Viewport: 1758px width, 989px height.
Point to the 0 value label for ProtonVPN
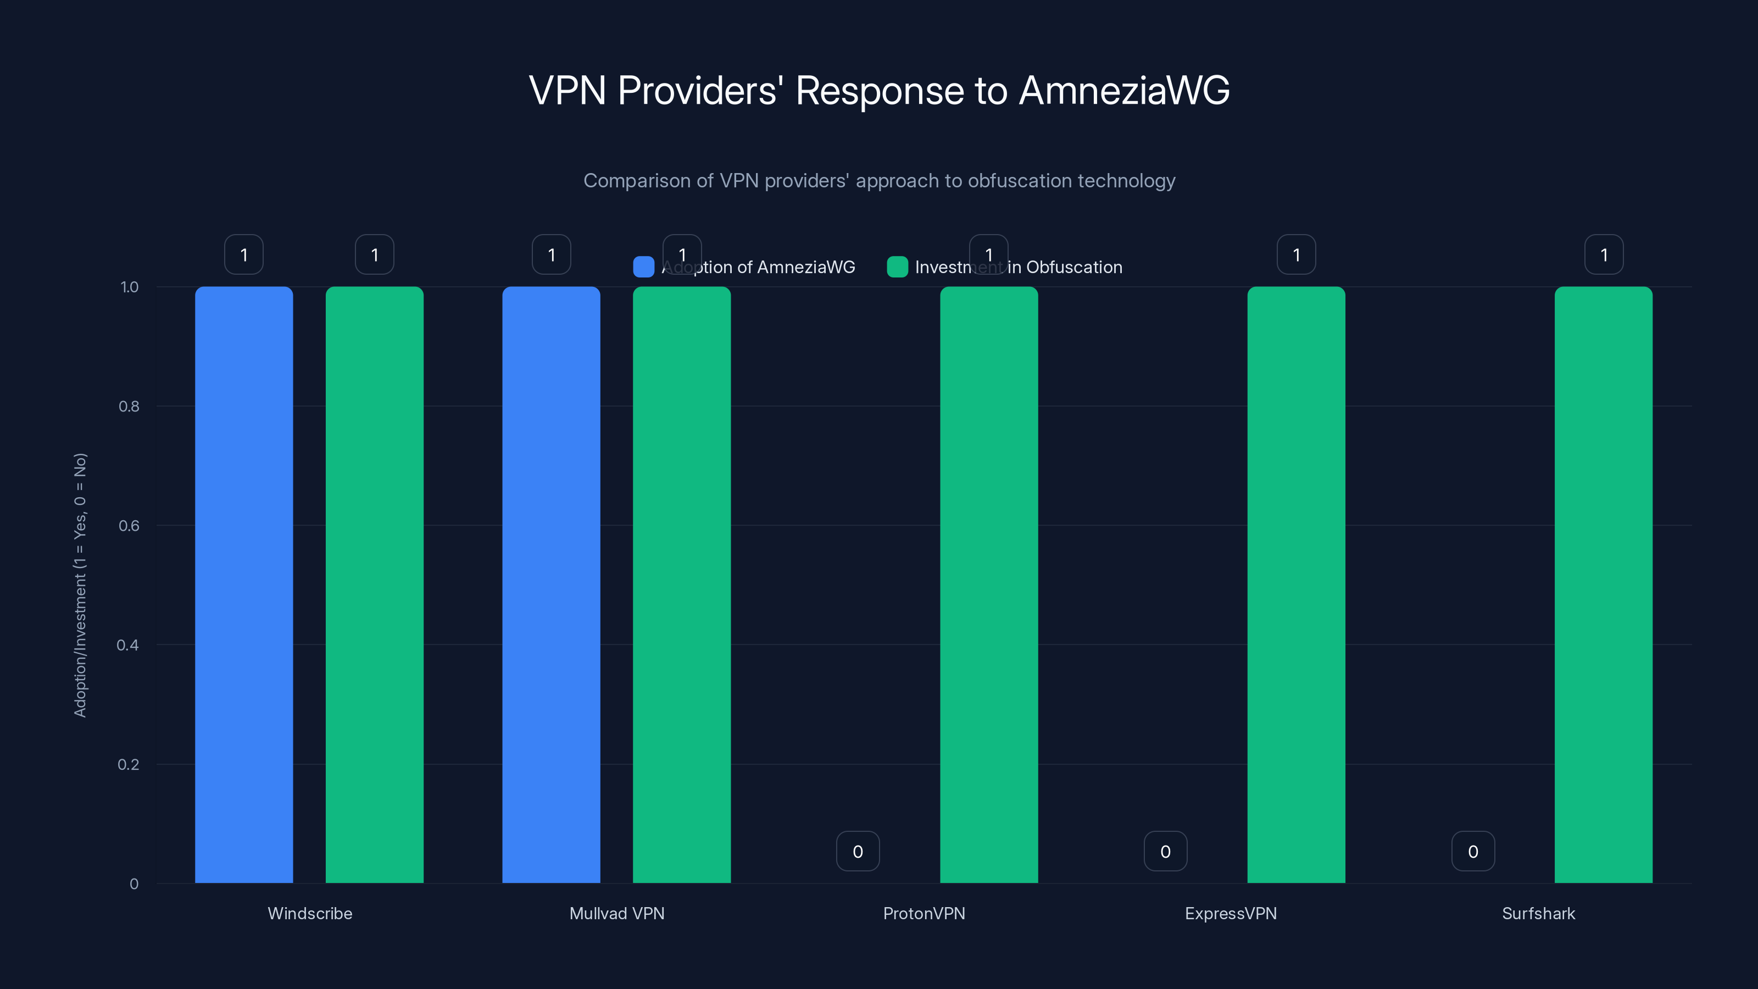click(x=858, y=851)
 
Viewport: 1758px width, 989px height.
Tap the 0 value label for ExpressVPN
click(x=1165, y=851)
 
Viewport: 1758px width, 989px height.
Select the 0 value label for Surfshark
click(x=1473, y=851)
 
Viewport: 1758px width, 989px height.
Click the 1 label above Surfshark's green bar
click(x=1604, y=254)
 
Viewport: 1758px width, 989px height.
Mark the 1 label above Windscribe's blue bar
click(x=243, y=254)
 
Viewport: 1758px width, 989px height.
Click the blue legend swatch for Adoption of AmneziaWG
click(x=643, y=267)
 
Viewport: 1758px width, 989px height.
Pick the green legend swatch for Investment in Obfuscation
click(x=897, y=267)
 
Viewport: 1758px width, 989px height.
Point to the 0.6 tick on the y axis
click(x=129, y=526)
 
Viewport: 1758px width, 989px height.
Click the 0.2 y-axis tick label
click(x=129, y=764)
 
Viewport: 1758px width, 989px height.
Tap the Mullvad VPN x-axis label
click(x=616, y=913)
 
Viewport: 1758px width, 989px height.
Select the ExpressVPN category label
click(x=1231, y=913)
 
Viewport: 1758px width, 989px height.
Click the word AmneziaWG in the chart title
click(x=1124, y=91)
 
